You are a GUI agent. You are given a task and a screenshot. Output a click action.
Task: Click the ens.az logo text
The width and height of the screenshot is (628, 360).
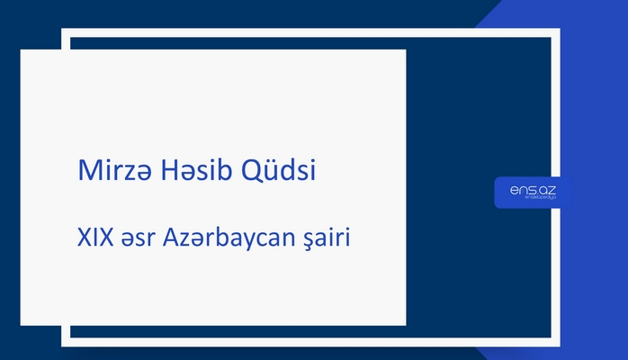point(533,189)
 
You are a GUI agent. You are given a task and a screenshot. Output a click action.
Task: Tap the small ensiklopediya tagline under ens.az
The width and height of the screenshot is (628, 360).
point(534,200)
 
